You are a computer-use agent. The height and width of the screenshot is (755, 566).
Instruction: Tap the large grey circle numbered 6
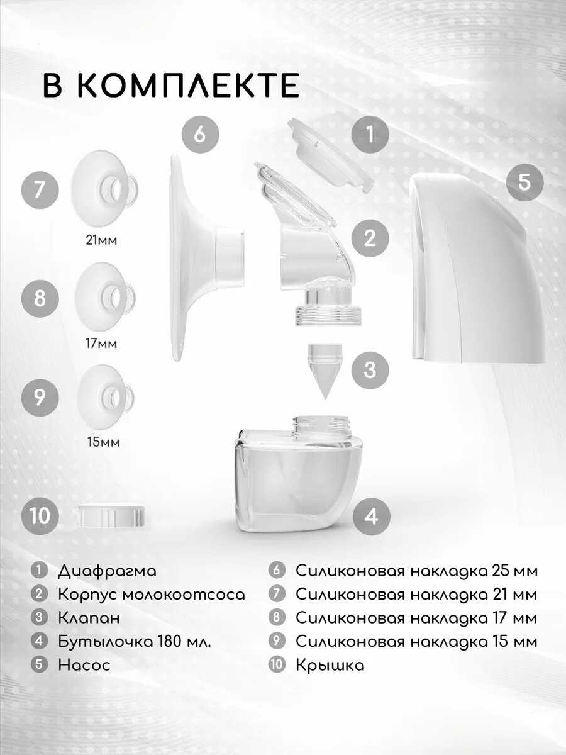pos(200,135)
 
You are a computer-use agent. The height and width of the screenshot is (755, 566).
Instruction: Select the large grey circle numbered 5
pos(524,182)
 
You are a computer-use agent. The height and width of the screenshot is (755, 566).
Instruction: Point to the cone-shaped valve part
pos(325,371)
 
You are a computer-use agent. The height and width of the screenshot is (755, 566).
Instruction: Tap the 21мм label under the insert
pos(101,240)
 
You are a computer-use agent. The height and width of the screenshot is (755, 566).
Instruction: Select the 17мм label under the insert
pos(101,344)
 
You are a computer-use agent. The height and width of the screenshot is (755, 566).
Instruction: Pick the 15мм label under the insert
pos(103,442)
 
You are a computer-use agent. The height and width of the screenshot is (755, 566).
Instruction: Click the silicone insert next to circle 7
pos(104,189)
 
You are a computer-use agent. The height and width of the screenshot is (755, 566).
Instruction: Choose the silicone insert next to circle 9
pos(105,397)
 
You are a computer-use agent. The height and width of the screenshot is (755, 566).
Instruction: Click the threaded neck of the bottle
pos(321,428)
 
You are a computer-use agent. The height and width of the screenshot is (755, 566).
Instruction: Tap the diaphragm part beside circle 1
pos(330,160)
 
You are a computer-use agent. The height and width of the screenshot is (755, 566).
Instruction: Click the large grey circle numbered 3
pos(370,370)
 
